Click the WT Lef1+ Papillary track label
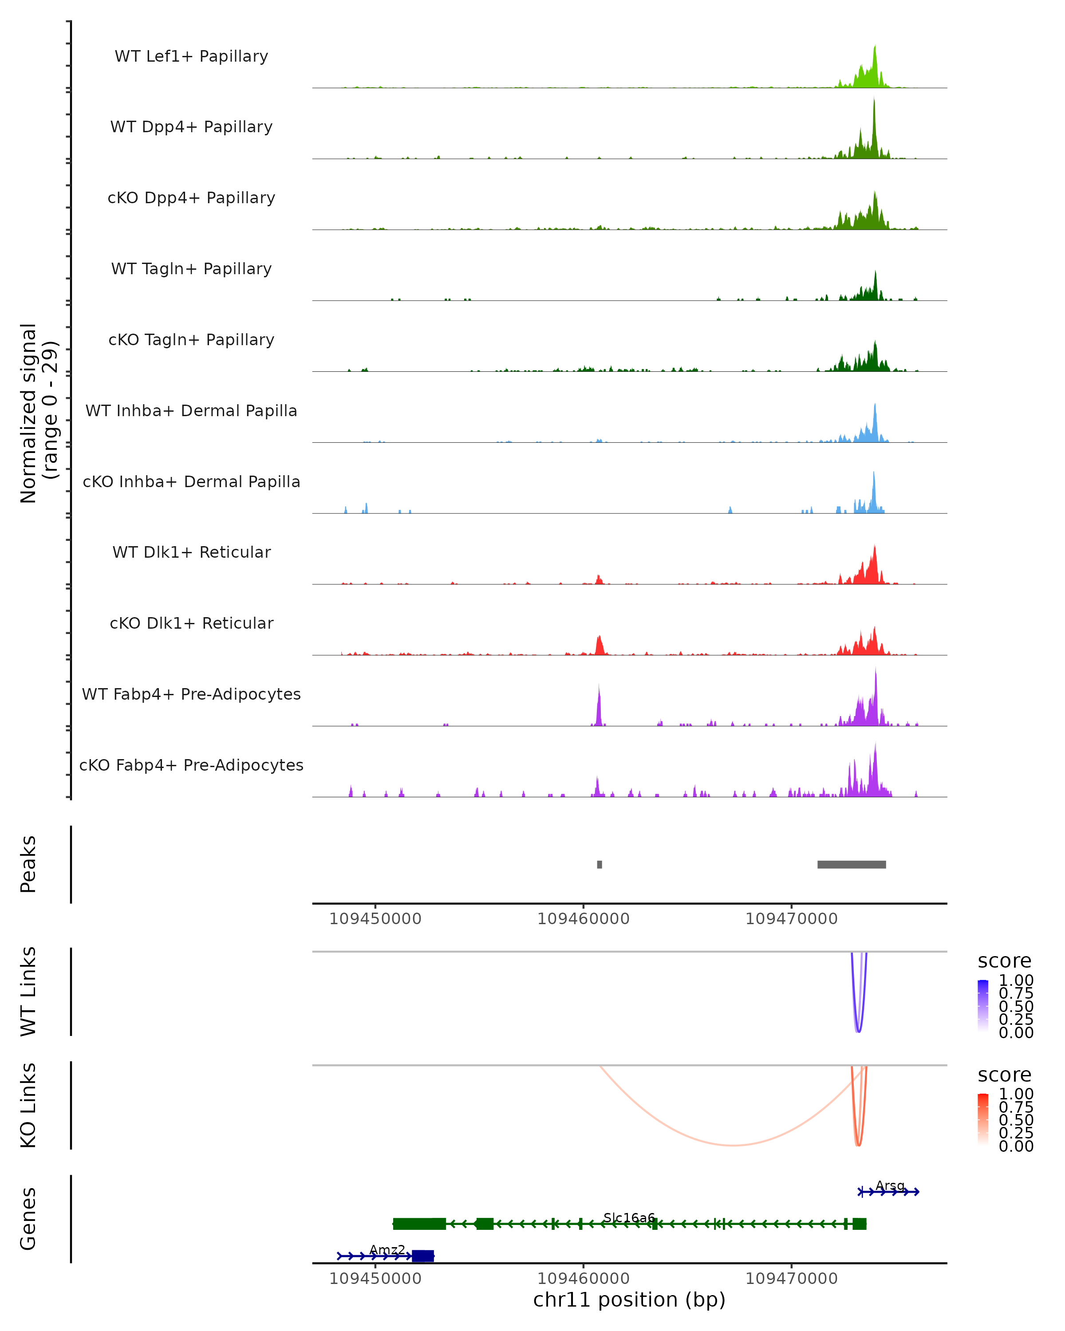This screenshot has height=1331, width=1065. [191, 56]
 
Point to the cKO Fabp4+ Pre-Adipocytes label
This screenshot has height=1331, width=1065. [191, 765]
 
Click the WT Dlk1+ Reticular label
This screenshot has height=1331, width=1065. [191, 552]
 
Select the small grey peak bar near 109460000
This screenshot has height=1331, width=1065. [600, 864]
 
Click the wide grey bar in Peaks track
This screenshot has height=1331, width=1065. [852, 864]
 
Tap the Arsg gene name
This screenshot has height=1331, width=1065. [890, 1185]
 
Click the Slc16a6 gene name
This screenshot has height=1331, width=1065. [628, 1217]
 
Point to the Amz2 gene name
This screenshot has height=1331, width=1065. [387, 1249]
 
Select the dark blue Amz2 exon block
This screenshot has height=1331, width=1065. [423, 1256]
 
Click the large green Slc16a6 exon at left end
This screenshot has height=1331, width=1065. [419, 1224]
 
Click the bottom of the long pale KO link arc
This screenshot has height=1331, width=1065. [732, 1145]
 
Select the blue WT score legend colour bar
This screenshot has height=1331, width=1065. [983, 1005]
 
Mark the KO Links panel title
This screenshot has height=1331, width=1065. [28, 1105]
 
